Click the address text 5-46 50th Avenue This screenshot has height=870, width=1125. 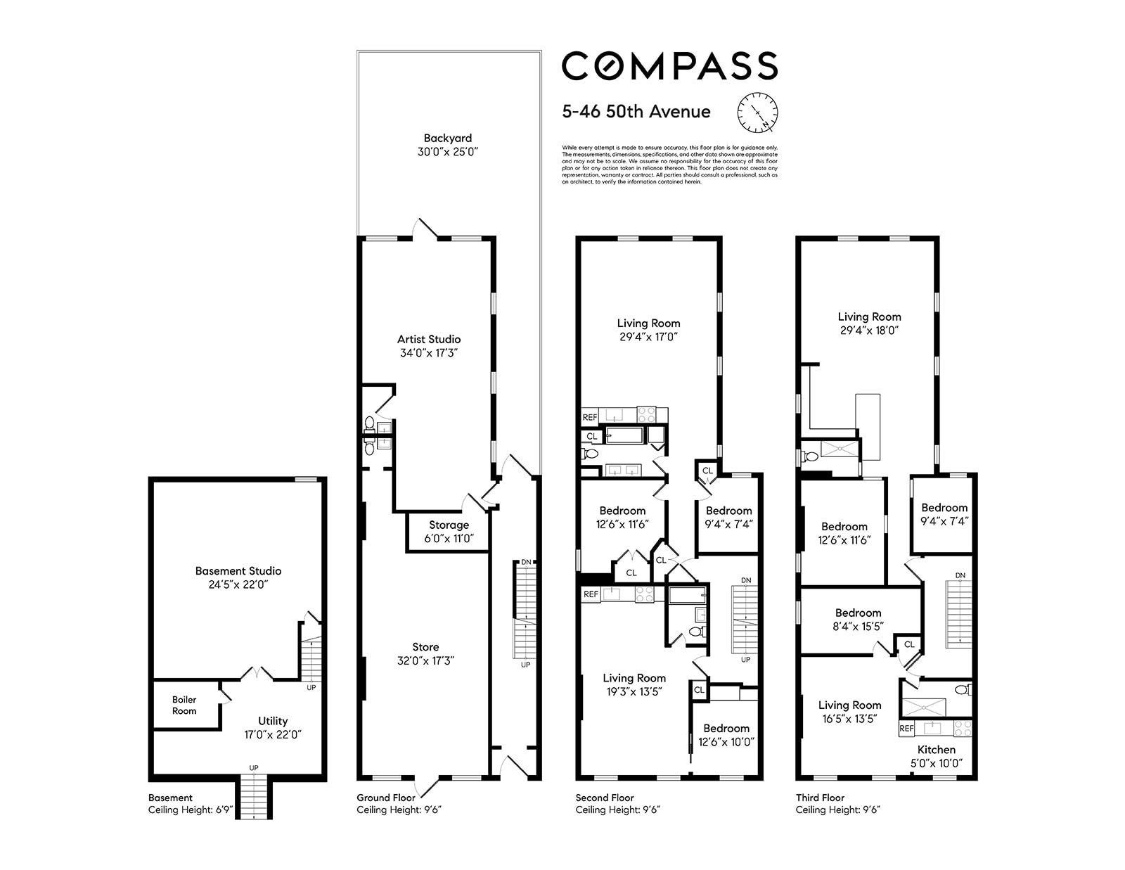click(x=636, y=112)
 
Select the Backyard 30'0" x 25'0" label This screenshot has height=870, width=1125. click(x=448, y=145)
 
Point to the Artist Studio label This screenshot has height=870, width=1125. click(x=429, y=346)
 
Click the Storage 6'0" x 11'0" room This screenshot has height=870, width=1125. click(x=449, y=532)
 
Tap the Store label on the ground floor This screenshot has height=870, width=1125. click(x=425, y=653)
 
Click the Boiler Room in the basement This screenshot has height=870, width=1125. click(x=184, y=705)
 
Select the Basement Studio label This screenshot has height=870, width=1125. click(x=238, y=577)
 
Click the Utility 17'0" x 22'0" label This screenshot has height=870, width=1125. click(x=273, y=727)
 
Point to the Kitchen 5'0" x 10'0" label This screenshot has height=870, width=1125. click(x=937, y=756)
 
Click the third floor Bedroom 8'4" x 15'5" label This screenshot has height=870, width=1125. click(x=858, y=620)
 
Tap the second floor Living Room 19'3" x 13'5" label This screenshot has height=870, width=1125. click(x=634, y=684)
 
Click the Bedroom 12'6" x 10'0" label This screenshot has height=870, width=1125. click(x=726, y=735)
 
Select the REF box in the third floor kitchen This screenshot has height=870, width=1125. click(x=907, y=729)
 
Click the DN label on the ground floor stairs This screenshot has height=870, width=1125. click(x=526, y=562)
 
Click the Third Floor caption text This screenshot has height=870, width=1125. click(x=820, y=798)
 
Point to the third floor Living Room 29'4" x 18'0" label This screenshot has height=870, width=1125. click(x=869, y=324)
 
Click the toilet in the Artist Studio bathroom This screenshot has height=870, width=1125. click(x=370, y=423)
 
